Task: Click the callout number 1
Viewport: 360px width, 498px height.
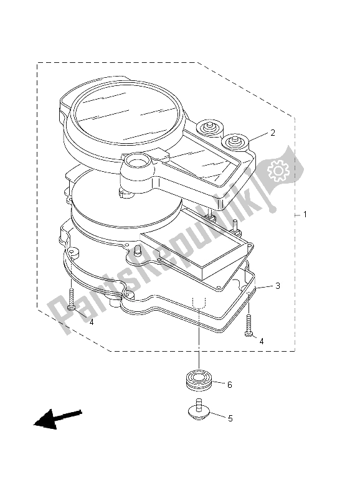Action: tap(305, 215)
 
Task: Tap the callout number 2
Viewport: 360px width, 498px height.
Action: tap(272, 133)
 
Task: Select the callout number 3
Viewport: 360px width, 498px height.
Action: tap(278, 286)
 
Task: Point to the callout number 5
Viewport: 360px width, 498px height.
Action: tap(230, 418)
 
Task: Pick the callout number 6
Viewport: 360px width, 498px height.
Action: tap(229, 385)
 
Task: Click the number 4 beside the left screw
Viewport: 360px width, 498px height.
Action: tap(91, 322)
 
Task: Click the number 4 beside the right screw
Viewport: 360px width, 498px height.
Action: tap(262, 341)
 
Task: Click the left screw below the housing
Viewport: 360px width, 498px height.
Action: tap(73, 300)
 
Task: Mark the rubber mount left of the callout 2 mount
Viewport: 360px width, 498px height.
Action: tap(207, 129)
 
